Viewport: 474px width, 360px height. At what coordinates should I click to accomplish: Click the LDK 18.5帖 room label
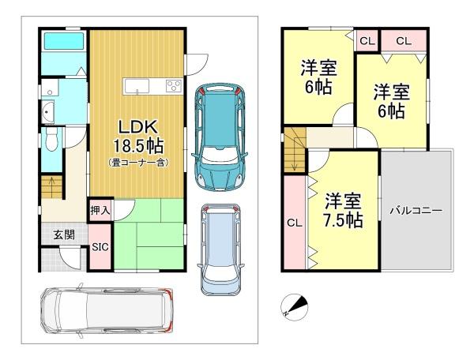point(138,137)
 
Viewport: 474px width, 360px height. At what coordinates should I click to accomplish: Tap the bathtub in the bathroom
point(64,41)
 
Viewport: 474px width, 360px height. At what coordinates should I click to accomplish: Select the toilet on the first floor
point(51,139)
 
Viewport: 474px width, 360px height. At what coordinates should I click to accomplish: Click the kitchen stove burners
point(174,85)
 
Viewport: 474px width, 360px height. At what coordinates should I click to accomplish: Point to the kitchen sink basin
point(136,86)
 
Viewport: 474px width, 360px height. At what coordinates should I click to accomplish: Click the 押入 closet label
point(100,210)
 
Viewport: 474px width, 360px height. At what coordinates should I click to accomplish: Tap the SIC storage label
point(100,247)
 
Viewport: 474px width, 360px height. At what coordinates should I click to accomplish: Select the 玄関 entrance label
point(64,234)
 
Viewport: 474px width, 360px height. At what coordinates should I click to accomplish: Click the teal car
point(220,137)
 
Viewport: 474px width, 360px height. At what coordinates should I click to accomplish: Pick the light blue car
point(220,249)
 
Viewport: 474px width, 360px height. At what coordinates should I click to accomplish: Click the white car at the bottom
point(107,310)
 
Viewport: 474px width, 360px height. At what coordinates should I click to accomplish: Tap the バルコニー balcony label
point(416,211)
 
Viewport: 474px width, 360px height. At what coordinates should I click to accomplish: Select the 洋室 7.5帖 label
point(343,211)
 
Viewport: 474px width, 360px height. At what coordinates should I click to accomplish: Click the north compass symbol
point(294,307)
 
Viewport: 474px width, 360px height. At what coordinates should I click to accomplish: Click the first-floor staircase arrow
point(51,186)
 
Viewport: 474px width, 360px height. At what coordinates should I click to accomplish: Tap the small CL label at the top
point(367,41)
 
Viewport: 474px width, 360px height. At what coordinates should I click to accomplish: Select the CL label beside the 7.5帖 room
point(295,223)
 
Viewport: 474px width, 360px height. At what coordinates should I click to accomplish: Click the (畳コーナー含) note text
point(138,163)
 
